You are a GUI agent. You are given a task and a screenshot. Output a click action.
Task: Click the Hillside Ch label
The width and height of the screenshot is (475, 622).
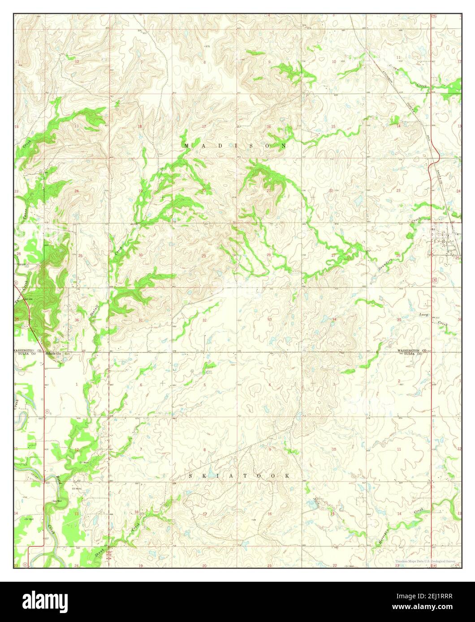click(x=54, y=354)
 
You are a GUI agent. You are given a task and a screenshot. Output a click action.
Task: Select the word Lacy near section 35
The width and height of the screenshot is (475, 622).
click(x=423, y=315)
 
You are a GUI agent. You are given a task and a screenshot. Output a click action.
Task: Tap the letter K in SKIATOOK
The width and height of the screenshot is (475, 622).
click(x=200, y=476)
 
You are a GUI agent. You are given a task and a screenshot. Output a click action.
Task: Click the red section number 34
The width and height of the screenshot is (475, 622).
click(x=334, y=319)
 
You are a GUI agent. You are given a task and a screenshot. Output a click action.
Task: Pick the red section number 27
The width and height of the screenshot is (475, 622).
click(x=333, y=255)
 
